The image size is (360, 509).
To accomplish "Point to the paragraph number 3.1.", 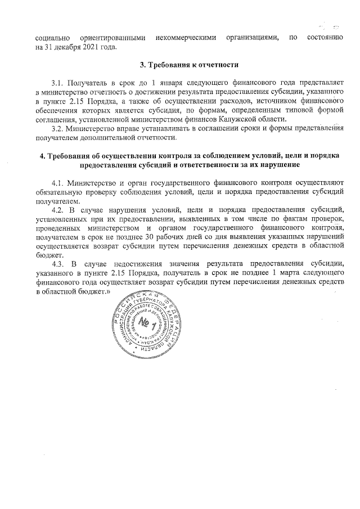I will pyautogui.click(x=57, y=83).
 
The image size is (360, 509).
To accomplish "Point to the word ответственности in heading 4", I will pyautogui.click(x=240, y=164).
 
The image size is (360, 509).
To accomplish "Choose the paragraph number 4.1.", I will pyautogui.click(x=57, y=183).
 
